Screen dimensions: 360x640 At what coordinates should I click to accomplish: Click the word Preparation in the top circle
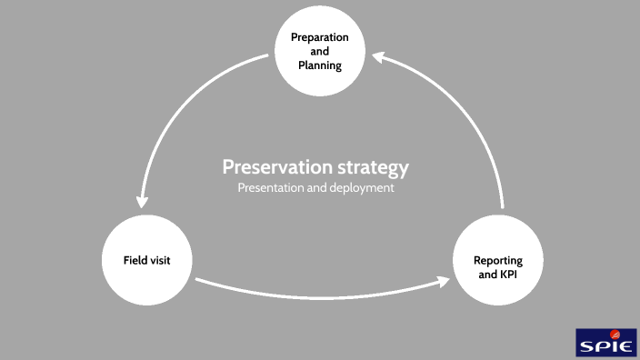[320, 37]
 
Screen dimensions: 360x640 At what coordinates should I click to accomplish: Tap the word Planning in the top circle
[320, 65]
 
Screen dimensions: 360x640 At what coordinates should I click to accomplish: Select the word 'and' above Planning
[320, 52]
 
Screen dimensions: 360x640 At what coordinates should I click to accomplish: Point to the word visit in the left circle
[160, 261]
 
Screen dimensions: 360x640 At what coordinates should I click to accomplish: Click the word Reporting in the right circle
[497, 261]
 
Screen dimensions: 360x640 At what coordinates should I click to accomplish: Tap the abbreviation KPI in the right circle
[511, 275]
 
